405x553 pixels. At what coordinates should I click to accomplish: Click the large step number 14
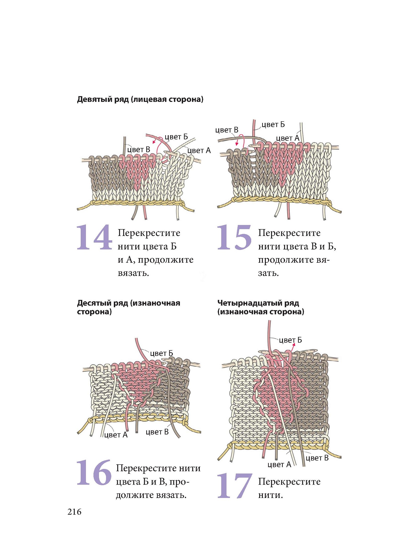(x=94, y=237)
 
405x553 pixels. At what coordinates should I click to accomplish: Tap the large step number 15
(x=234, y=237)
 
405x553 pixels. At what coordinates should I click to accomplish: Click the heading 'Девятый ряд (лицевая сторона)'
(x=140, y=99)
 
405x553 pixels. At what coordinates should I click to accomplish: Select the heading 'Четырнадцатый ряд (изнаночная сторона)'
(x=261, y=307)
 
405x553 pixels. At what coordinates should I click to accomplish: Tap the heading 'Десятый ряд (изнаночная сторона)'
(x=128, y=307)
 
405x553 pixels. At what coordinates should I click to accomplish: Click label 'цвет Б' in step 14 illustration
(x=176, y=137)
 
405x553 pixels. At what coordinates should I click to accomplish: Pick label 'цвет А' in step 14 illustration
(x=199, y=150)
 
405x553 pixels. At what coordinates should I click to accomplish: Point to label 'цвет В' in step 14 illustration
(x=139, y=150)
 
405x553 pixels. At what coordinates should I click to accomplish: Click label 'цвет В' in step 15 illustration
(x=227, y=130)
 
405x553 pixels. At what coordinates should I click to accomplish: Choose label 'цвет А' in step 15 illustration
(x=287, y=138)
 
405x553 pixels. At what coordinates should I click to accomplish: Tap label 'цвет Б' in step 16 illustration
(x=162, y=353)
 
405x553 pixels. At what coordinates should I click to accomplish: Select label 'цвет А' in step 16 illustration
(x=116, y=435)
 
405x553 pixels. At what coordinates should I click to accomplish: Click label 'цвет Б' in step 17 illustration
(x=290, y=340)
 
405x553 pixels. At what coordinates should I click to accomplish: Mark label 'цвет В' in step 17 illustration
(x=317, y=458)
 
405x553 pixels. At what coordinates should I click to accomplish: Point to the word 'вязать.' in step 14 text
(x=133, y=273)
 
